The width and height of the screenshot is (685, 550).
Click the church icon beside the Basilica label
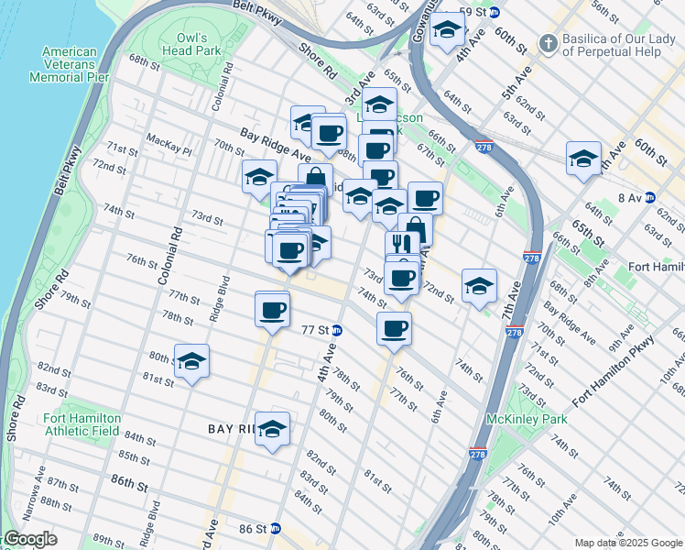(547, 42)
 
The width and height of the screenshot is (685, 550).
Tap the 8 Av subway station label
(630, 197)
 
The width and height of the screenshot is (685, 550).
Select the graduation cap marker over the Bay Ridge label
(272, 429)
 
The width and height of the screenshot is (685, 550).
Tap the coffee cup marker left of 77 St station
(273, 309)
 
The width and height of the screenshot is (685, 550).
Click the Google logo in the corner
(30, 539)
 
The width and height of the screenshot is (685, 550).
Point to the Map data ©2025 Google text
(627, 543)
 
